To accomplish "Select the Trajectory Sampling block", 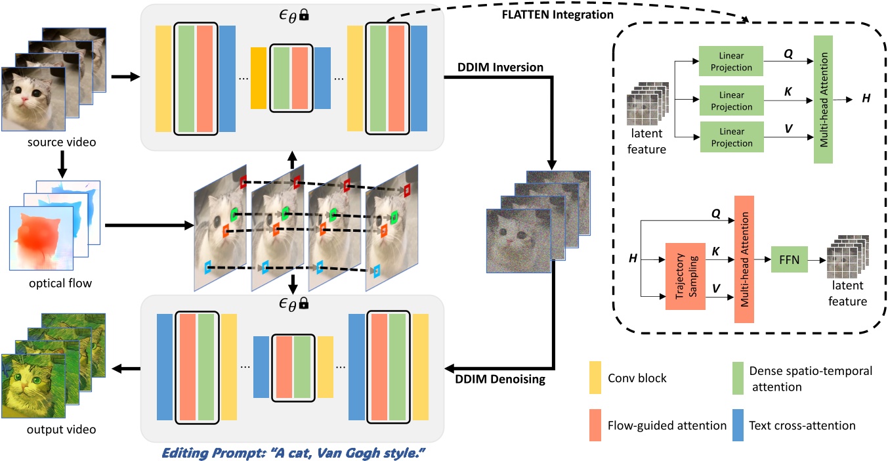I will click(x=685, y=276).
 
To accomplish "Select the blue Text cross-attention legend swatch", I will click(x=741, y=426).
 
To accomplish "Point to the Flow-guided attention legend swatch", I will click(x=595, y=426).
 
